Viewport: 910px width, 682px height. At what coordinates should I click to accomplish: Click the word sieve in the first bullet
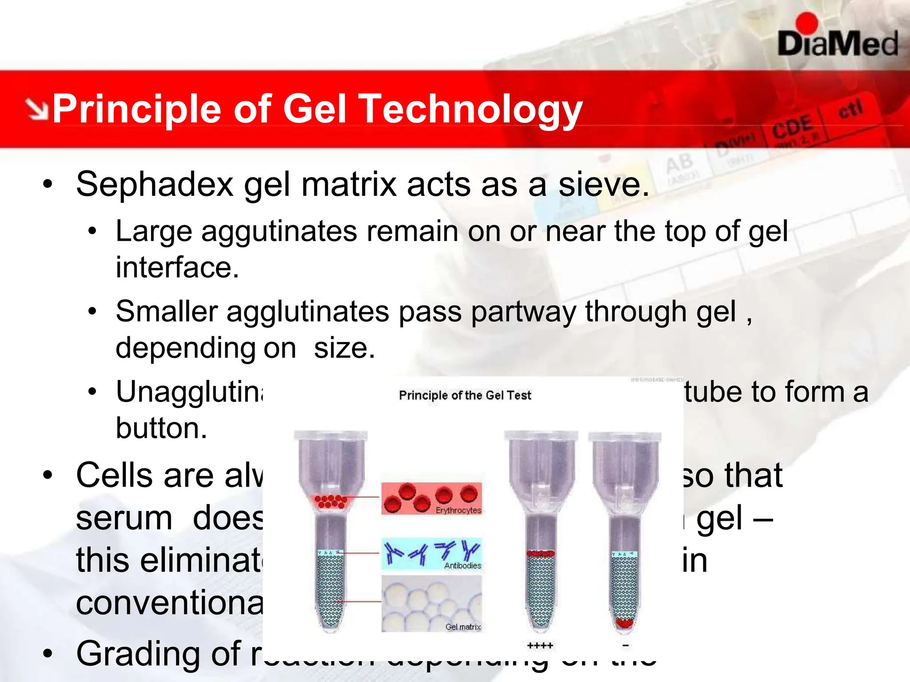pos(603,184)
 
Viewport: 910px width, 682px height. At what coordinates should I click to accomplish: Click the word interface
pos(177,267)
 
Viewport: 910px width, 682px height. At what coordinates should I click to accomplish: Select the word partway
pos(523,311)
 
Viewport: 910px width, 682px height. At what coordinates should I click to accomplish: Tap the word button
pos(161,428)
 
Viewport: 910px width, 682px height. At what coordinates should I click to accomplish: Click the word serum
pos(124,518)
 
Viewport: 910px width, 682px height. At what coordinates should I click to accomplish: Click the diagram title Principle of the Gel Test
pos(465,395)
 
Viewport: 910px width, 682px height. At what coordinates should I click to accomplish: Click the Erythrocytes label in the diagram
pos(458,511)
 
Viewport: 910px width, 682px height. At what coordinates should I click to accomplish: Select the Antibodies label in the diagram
pos(463,566)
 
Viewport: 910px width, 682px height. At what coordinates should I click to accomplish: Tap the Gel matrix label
pos(463,627)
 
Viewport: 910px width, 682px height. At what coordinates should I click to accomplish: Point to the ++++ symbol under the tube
pos(540,646)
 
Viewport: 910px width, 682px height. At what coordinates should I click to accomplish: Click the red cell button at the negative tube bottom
pos(625,623)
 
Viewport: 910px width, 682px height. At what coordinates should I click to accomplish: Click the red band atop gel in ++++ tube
pos(540,554)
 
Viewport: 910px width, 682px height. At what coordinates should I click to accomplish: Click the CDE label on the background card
pos(792,127)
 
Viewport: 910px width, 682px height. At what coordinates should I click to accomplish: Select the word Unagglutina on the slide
pos(189,393)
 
